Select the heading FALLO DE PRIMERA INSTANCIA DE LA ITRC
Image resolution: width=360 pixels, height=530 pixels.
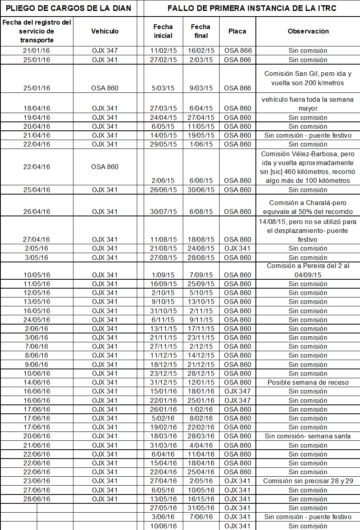click(x=252, y=8)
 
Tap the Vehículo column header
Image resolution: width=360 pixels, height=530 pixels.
click(x=105, y=31)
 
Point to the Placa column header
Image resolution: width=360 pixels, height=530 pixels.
click(x=237, y=31)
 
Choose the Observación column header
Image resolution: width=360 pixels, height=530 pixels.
click(x=308, y=31)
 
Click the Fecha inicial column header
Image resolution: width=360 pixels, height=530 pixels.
click(x=163, y=31)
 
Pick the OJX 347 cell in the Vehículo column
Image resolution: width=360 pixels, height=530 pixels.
click(x=105, y=51)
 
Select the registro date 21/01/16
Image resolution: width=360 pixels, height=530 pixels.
click(x=36, y=51)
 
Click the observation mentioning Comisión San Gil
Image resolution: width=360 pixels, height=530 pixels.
click(x=308, y=78)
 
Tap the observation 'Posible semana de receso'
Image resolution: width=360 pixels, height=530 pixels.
click(x=308, y=382)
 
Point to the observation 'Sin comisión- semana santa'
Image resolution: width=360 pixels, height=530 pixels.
click(x=308, y=436)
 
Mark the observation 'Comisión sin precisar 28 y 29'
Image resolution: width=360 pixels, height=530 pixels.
click(x=308, y=481)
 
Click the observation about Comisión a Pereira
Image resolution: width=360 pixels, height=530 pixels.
click(x=308, y=270)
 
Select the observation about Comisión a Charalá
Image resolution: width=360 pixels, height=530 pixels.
click(x=308, y=207)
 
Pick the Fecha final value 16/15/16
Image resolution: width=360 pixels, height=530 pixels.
click(x=201, y=499)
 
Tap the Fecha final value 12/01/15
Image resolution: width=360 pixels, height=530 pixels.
click(x=201, y=382)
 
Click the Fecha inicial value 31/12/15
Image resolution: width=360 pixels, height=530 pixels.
click(x=163, y=382)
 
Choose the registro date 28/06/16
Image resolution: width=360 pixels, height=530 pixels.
click(x=36, y=499)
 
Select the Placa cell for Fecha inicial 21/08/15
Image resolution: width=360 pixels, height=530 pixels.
click(x=237, y=248)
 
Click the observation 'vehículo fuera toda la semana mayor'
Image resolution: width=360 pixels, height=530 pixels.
click(x=308, y=104)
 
